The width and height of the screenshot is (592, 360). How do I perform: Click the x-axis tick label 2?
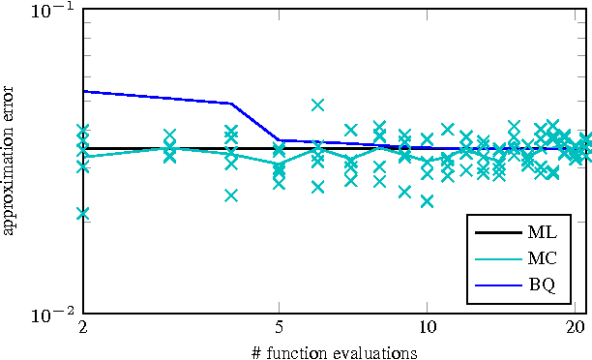coord(83,328)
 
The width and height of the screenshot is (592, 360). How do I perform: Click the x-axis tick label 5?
coord(280,328)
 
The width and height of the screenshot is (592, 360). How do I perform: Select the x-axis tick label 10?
coord(427,328)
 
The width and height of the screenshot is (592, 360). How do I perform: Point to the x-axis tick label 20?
coord(575,328)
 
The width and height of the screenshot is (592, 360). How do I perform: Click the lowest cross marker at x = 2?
coord(83,214)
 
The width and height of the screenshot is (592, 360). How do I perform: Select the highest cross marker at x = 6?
coord(317,105)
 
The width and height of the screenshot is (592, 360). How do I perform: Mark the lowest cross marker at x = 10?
coord(427,201)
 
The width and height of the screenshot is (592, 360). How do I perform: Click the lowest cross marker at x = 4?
coord(231,195)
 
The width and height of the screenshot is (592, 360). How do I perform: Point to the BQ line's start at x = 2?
coord(83,91)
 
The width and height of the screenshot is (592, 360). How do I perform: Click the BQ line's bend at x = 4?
coord(231,104)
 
